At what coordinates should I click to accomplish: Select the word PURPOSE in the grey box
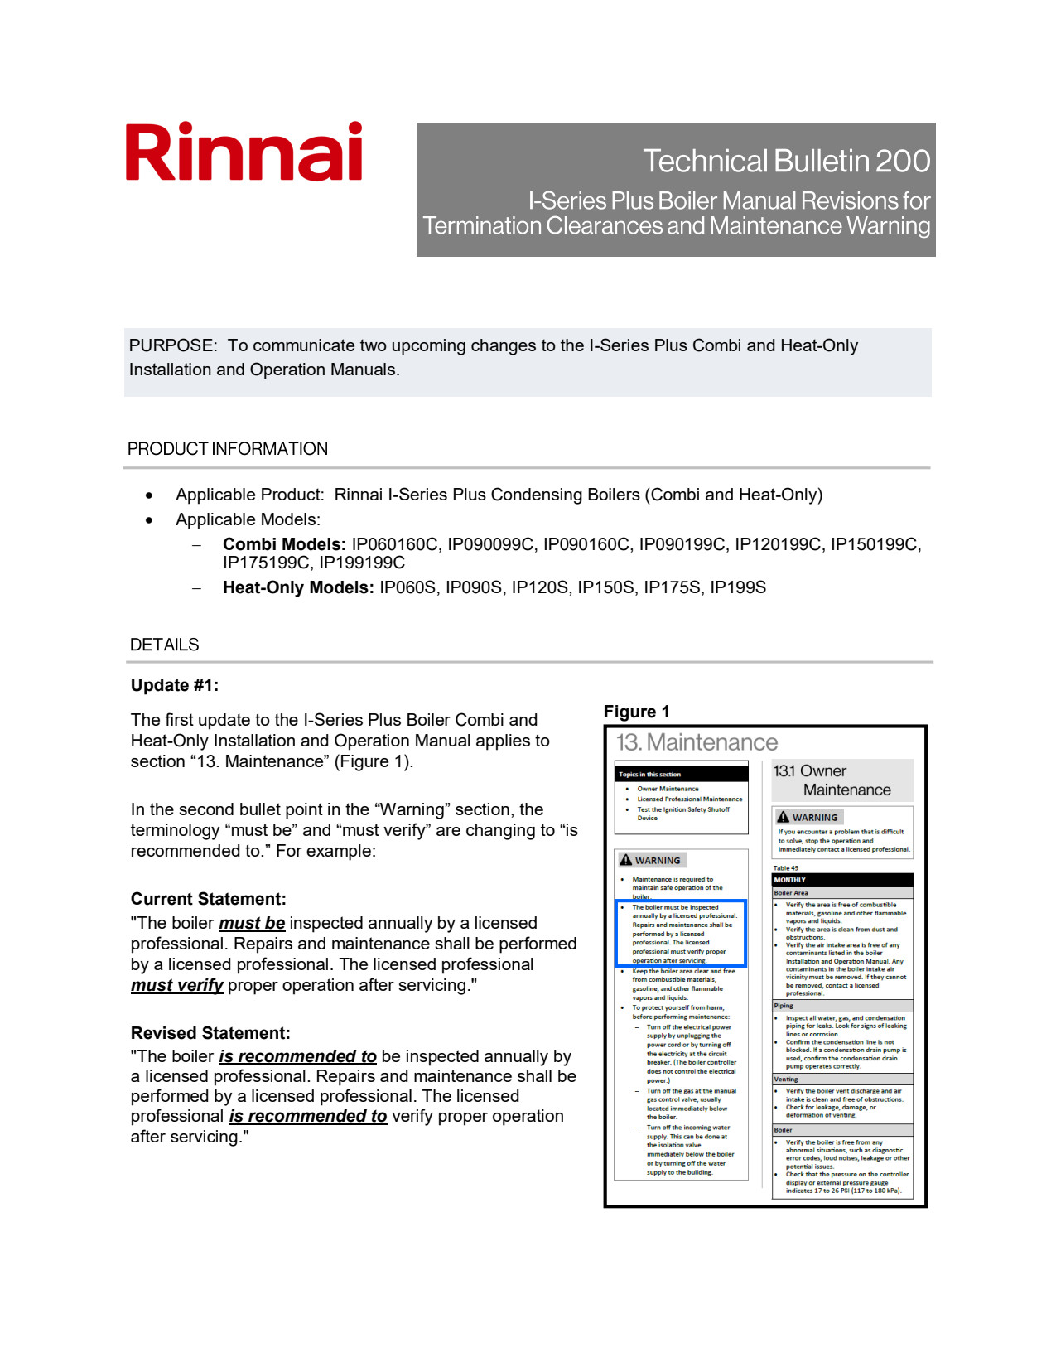coord(172,345)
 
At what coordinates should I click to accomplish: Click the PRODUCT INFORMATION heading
coord(228,449)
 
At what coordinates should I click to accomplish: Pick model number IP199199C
coord(362,563)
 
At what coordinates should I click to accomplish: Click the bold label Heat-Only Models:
coord(298,587)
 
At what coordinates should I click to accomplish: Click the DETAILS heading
coord(165,645)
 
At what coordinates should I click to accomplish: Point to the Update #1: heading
coord(175,685)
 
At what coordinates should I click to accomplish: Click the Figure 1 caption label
coord(636,712)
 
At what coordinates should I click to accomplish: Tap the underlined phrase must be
coord(252,923)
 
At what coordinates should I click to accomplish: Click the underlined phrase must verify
coord(177,985)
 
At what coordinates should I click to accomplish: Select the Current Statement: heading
coord(209,899)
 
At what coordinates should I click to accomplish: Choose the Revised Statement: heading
coord(210,1033)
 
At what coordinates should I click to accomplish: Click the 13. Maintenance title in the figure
coord(697,742)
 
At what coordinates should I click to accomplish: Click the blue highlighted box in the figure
coord(681,934)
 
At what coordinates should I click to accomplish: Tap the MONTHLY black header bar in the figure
coord(842,880)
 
